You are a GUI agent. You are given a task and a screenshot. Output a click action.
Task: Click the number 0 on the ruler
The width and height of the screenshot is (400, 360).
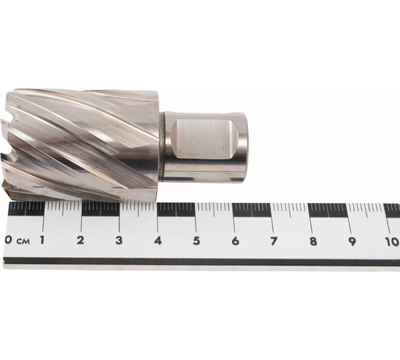[9, 240]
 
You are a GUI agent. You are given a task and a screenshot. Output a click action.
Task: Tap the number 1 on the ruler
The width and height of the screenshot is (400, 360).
[42, 240]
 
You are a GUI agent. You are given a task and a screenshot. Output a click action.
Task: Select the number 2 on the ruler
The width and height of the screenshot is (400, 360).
[80, 240]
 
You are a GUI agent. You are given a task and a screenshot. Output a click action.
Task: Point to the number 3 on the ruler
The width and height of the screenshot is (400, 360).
[119, 241]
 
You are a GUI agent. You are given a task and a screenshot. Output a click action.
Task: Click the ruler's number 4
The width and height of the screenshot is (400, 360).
[158, 241]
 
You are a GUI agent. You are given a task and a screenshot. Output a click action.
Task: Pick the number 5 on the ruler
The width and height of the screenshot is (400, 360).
[196, 241]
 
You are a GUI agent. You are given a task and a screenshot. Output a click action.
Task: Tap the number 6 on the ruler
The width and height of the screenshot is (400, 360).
[235, 241]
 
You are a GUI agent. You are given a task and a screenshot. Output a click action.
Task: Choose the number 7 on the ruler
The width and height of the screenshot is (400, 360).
[274, 241]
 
